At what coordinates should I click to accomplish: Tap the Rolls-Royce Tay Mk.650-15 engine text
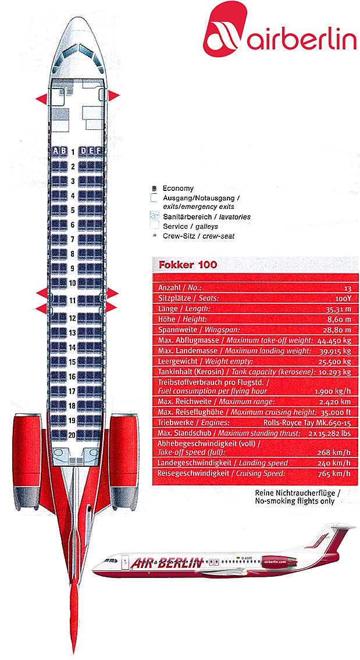[314, 423]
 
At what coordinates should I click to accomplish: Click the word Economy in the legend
[178, 189]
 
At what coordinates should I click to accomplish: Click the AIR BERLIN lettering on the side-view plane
[166, 563]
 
